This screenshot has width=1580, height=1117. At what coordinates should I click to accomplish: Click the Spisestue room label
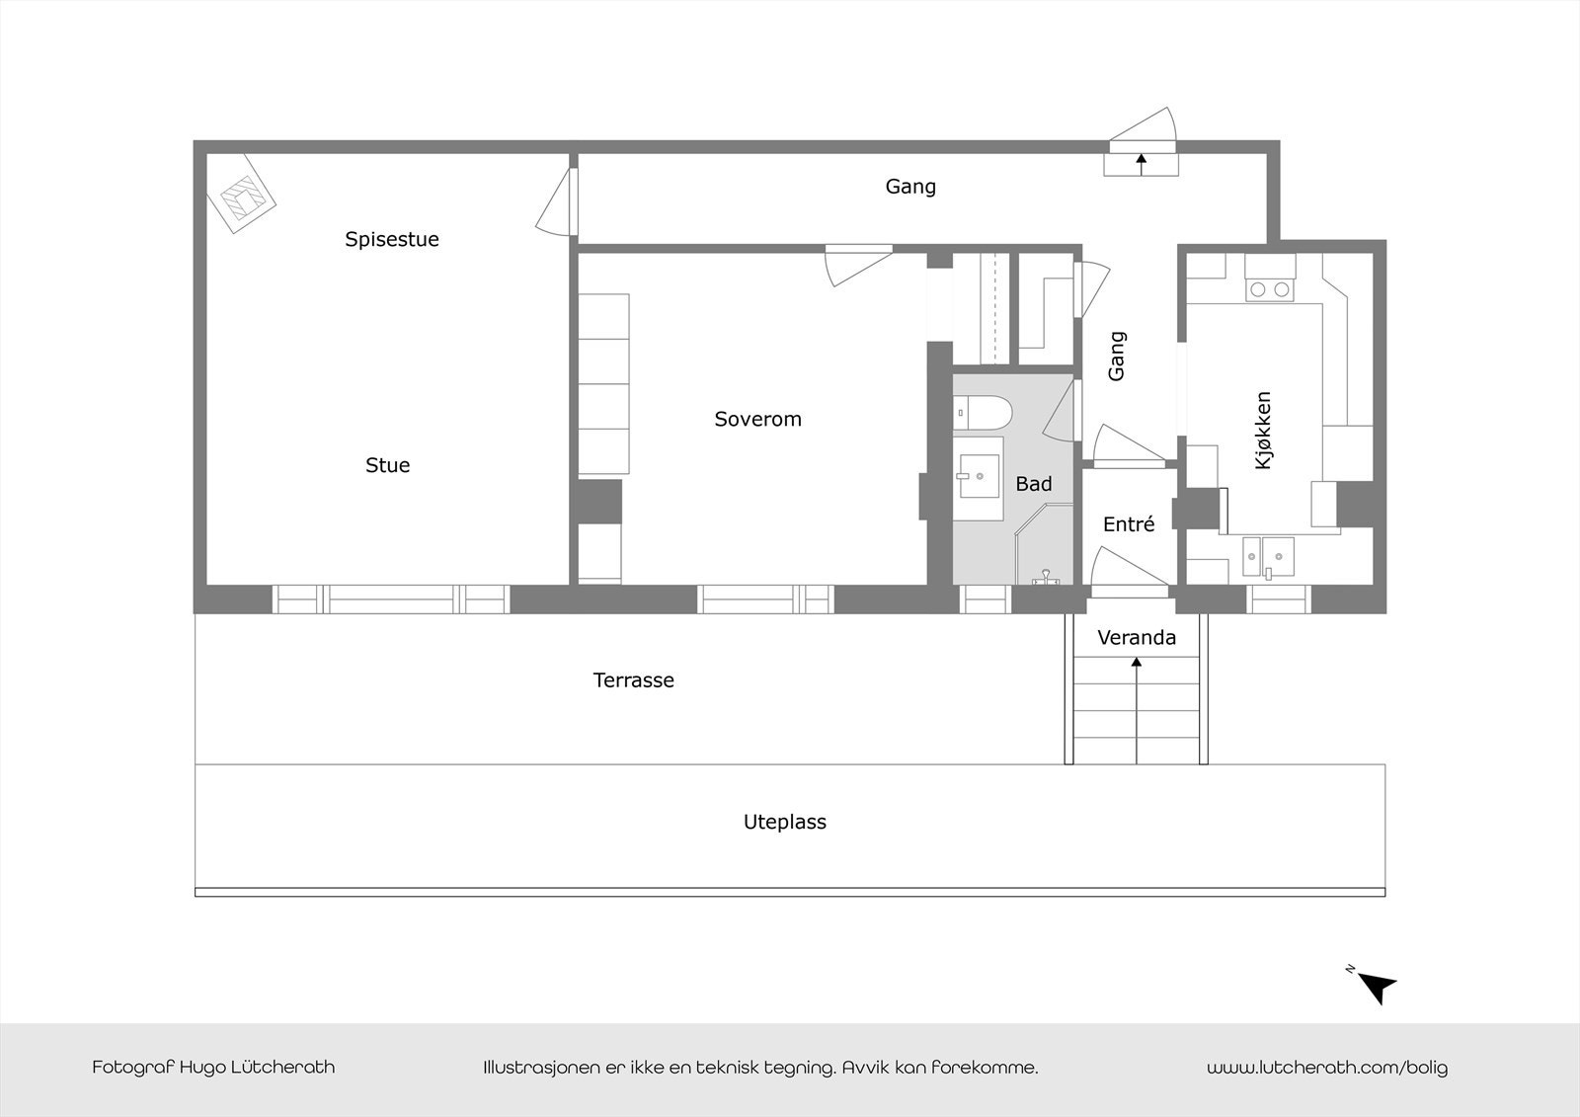(391, 239)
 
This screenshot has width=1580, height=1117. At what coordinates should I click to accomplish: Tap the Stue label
(387, 465)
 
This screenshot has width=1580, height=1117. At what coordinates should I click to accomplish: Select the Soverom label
(757, 419)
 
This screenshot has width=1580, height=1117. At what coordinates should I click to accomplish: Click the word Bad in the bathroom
(1033, 484)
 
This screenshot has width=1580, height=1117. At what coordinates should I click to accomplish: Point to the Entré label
(1128, 524)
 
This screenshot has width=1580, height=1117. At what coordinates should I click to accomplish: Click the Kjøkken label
(1263, 430)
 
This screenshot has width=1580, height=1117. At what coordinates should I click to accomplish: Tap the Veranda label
(1137, 638)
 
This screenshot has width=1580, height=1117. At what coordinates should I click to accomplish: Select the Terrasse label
(633, 680)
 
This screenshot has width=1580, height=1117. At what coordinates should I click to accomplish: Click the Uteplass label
(784, 822)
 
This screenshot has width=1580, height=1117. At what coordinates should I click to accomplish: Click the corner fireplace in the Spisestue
(241, 198)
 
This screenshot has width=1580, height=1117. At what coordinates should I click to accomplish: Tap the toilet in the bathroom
(982, 412)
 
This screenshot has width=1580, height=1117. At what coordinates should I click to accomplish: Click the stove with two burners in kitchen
(1269, 289)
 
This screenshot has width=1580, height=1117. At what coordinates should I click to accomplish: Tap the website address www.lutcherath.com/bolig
(1326, 1068)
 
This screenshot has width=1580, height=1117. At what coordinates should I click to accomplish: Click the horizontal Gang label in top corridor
(909, 187)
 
